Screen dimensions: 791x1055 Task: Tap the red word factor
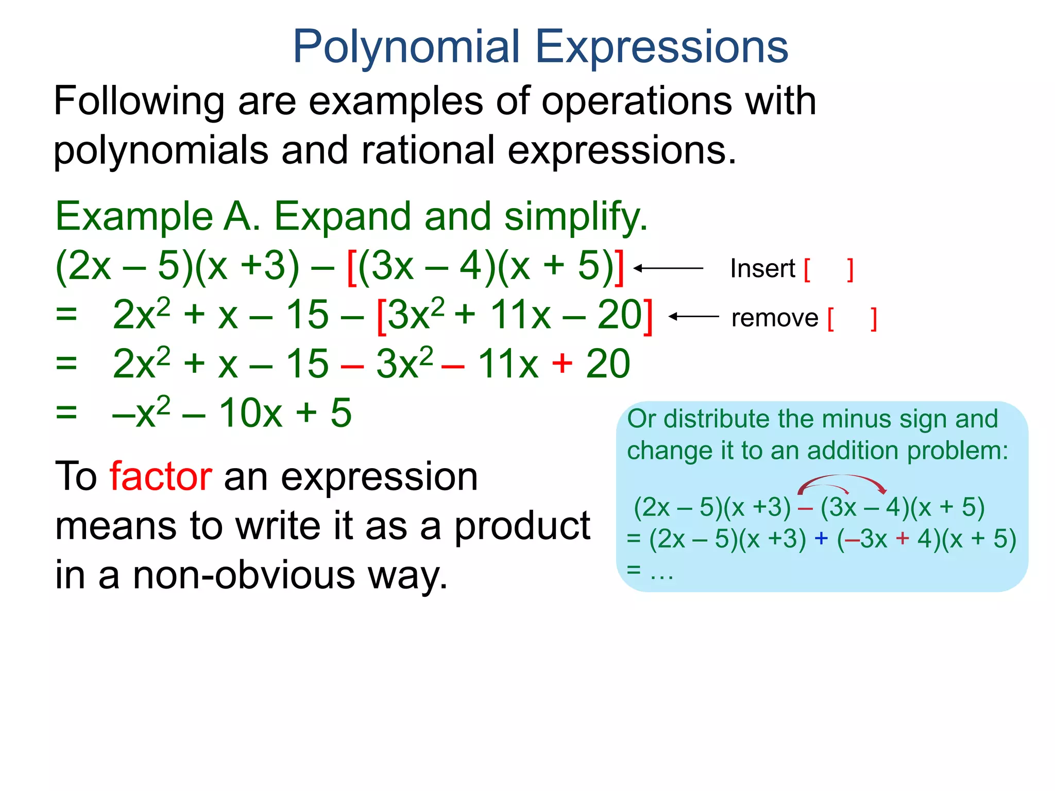(x=161, y=476)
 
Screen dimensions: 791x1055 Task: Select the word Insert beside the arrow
(x=762, y=269)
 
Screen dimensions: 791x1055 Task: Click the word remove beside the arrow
(x=774, y=318)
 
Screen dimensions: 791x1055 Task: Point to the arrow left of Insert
(x=668, y=268)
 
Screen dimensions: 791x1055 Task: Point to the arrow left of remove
(x=693, y=317)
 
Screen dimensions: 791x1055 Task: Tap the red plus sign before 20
(x=562, y=363)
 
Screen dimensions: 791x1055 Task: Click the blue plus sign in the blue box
(x=821, y=539)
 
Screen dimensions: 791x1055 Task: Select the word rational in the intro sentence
(x=428, y=150)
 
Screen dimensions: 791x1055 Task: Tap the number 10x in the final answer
(x=250, y=413)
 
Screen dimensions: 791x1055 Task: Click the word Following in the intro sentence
(x=139, y=101)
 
